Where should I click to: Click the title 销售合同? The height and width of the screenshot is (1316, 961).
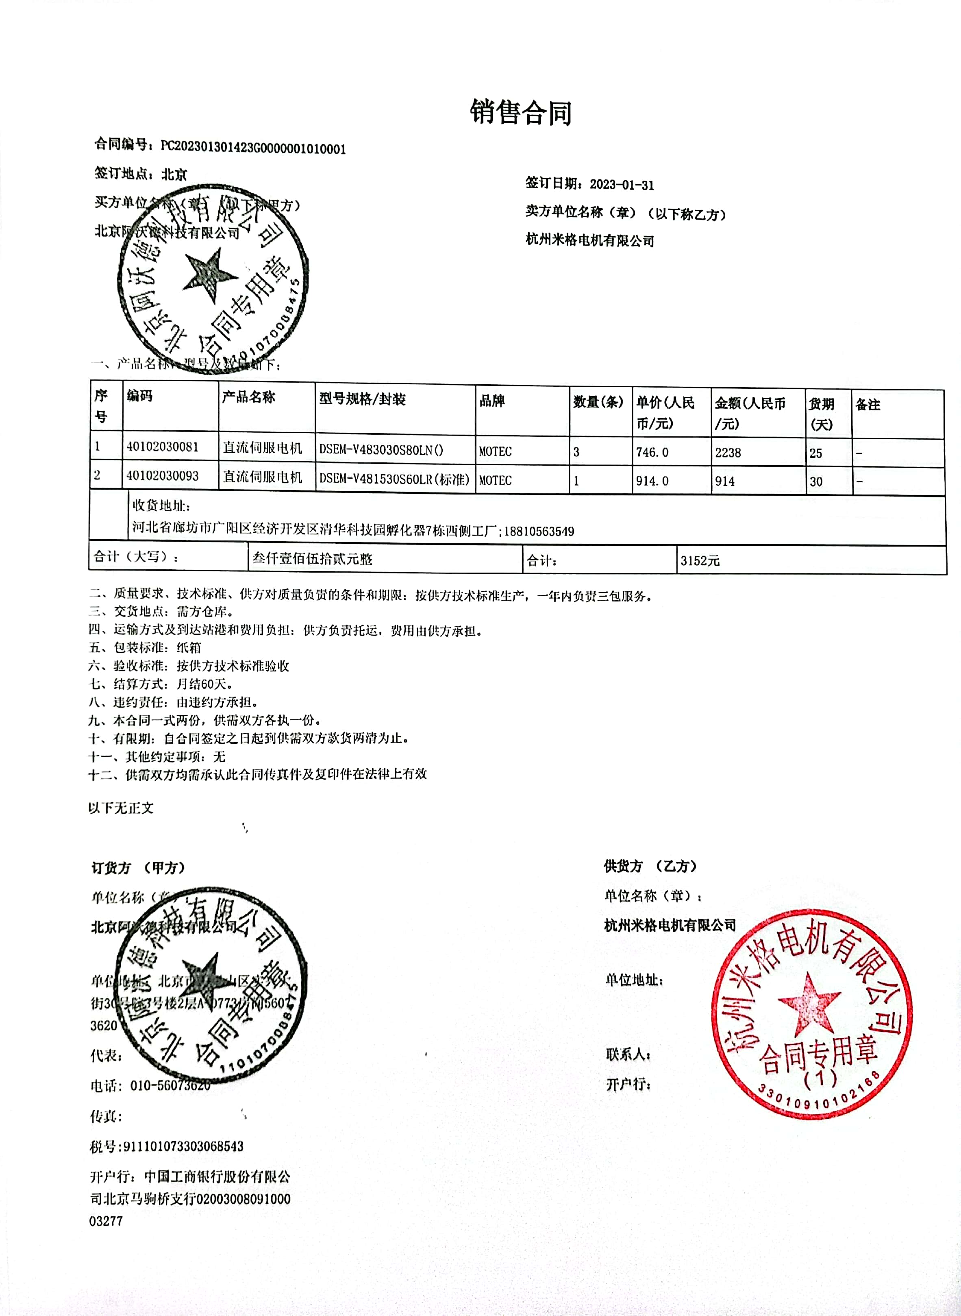tap(521, 112)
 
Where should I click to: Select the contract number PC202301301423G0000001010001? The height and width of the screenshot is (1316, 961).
tap(253, 148)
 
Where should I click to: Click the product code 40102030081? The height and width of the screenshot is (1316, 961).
tap(162, 447)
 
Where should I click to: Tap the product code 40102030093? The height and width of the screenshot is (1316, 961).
tap(162, 476)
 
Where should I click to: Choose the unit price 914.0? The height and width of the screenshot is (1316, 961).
tap(652, 481)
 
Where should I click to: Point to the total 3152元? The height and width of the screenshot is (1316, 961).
tap(700, 561)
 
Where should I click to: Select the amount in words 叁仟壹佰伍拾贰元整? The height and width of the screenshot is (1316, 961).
tap(312, 558)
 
